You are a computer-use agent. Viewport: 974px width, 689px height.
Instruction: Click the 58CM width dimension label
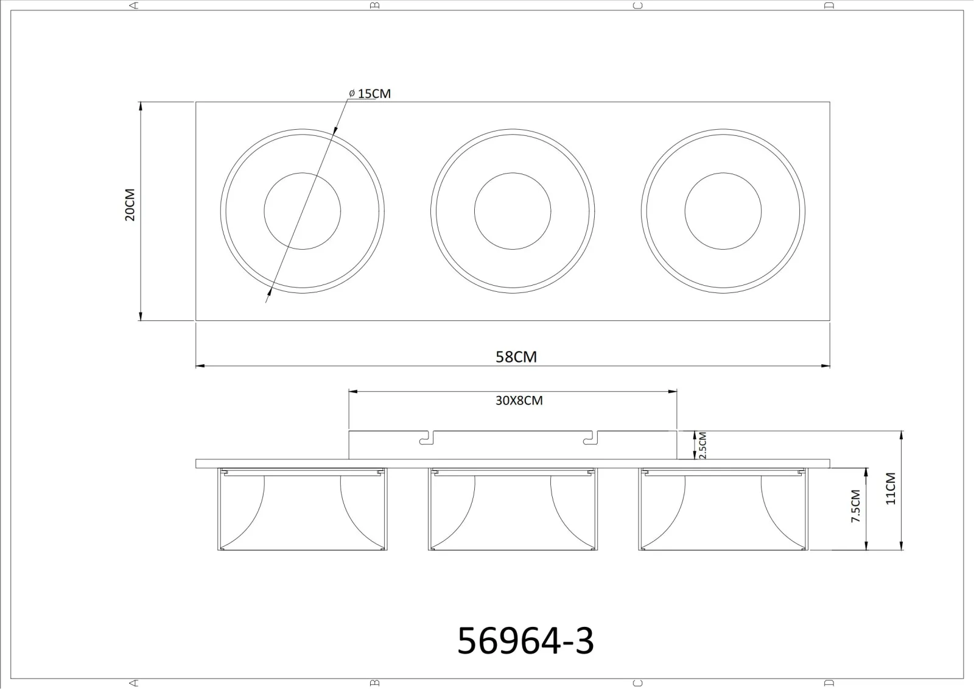coord(516,357)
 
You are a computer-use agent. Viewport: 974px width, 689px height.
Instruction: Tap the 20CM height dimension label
coord(130,205)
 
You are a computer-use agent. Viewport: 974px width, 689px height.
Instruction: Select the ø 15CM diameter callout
coord(370,94)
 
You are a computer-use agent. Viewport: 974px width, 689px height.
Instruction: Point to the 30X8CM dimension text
coord(519,400)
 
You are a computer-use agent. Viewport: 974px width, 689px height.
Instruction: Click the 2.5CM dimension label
coord(702,445)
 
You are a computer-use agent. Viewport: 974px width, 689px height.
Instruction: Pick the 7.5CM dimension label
coord(856,506)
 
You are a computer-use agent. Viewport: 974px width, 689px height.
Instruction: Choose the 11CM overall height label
coord(891,489)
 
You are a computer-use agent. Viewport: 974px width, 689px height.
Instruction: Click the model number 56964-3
coord(525,641)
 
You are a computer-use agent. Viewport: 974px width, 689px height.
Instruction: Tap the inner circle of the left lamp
coord(302,173)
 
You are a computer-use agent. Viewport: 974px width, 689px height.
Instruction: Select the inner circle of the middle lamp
coord(513,173)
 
